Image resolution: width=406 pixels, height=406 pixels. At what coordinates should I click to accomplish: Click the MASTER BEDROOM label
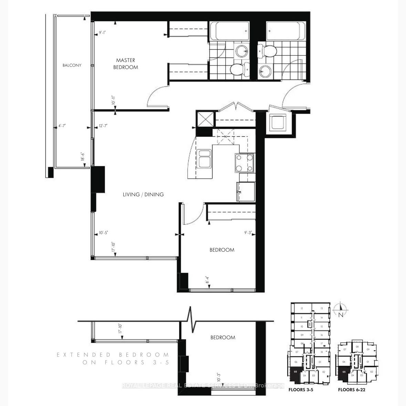pos(126,64)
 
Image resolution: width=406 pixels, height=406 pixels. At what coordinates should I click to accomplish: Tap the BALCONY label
pos(72,65)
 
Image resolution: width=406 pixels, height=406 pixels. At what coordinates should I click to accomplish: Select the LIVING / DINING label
pos(143,195)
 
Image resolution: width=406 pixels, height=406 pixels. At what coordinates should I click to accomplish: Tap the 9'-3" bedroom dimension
pos(248,233)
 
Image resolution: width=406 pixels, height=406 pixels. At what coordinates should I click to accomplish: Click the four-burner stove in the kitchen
pos(245,163)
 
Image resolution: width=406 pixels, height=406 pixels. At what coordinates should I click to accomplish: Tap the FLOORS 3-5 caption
pos(301,390)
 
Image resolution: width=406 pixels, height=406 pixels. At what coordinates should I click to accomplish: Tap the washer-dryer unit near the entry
pos(278,122)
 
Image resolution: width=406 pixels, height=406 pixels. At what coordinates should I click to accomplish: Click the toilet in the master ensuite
pos(237,70)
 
